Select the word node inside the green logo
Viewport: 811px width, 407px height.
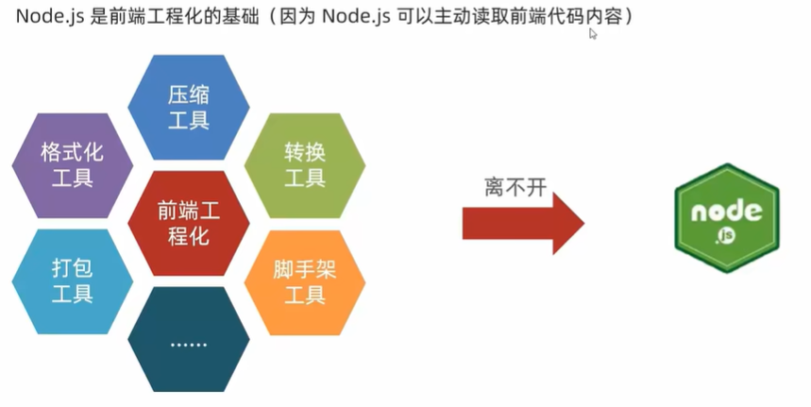(726, 211)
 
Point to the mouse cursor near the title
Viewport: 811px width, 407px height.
(593, 33)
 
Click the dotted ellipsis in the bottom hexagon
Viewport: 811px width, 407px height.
(188, 344)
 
